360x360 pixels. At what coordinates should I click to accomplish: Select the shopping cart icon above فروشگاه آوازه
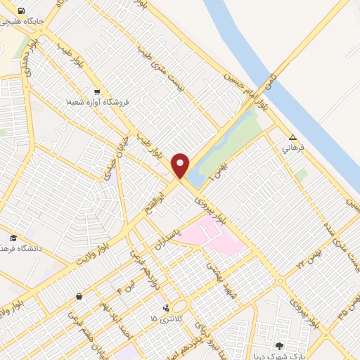click(x=97, y=91)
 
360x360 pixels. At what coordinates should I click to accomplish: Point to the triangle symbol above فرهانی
click(x=292, y=138)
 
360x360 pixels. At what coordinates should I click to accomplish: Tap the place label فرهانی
click(x=292, y=149)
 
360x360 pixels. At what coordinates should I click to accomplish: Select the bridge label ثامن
click(x=271, y=80)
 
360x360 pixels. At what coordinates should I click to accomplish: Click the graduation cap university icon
click(x=13, y=237)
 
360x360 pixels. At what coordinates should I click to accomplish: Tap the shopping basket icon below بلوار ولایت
click(x=79, y=296)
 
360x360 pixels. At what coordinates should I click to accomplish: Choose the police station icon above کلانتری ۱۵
click(x=166, y=308)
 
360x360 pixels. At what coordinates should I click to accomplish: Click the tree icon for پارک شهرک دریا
click(x=280, y=345)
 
